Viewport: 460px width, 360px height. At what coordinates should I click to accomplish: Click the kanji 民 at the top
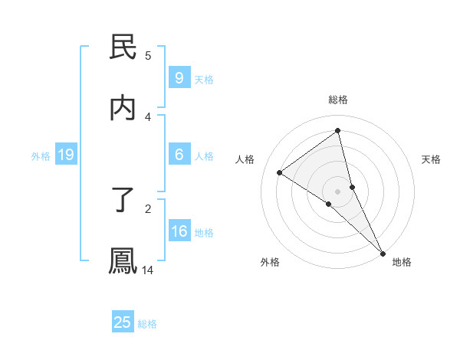123,47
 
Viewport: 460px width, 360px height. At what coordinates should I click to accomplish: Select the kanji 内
123,108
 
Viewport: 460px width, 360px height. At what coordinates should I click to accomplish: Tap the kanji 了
123,201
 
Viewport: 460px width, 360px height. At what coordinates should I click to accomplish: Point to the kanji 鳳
123,260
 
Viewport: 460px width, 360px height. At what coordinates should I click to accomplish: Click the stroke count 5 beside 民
148,55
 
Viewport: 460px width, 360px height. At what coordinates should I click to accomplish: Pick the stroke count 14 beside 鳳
148,270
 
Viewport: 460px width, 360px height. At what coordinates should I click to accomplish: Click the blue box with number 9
179,78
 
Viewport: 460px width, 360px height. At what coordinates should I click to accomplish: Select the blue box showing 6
179,155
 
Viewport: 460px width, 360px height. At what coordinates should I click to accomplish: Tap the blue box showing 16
179,231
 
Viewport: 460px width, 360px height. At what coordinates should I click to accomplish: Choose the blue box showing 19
65,155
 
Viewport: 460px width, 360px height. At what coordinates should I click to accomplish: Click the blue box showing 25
123,322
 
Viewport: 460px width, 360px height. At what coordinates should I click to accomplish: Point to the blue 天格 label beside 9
204,80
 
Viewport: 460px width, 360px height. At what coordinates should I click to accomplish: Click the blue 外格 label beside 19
41,156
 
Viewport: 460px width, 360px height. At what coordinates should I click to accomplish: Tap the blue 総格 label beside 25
147,324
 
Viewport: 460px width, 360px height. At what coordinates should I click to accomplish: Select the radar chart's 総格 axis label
338,100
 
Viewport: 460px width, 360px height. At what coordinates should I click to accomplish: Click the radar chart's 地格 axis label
402,262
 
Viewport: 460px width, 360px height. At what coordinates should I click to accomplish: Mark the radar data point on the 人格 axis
280,172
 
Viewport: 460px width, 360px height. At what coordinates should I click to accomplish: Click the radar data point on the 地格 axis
383,252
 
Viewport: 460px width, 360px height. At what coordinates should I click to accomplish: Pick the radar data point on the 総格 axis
338,131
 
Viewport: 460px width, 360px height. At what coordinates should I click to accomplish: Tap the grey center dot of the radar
338,191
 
